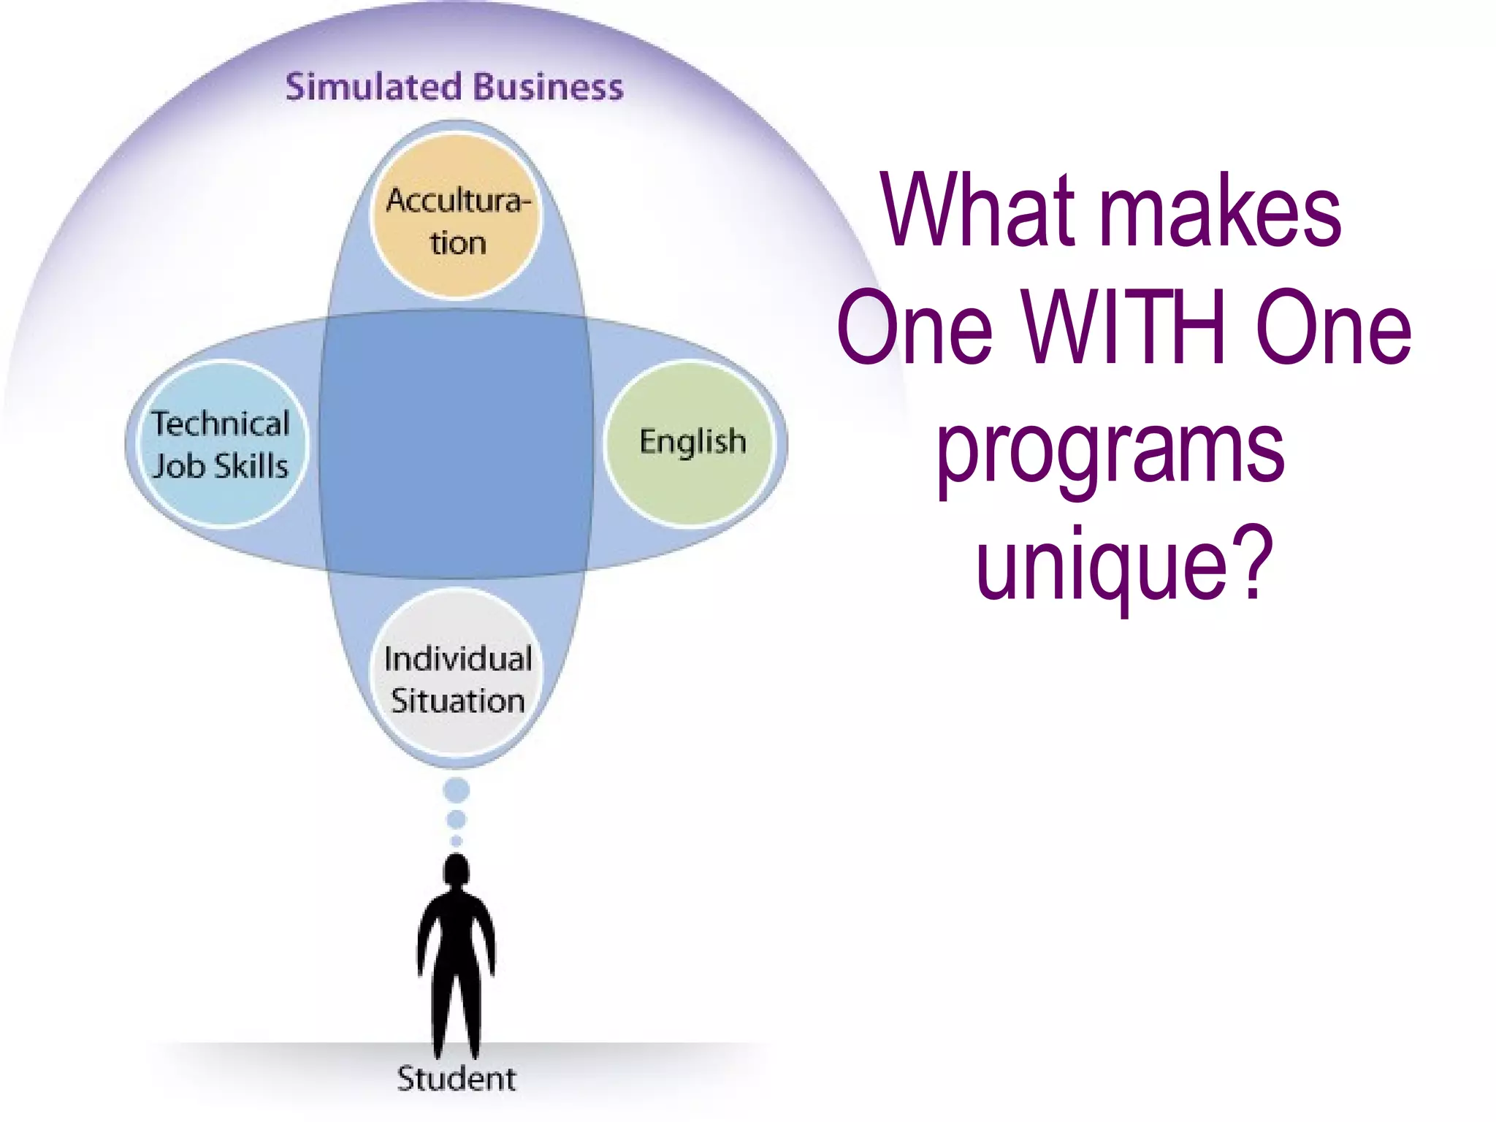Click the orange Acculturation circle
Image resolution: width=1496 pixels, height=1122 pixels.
point(457,217)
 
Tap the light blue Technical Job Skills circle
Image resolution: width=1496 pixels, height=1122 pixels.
point(220,444)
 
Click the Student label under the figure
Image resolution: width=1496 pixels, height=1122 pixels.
point(457,1079)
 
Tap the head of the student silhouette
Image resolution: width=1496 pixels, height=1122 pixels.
point(457,871)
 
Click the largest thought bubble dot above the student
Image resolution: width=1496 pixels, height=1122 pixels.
point(457,790)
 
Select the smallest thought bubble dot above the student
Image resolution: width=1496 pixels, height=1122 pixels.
point(457,841)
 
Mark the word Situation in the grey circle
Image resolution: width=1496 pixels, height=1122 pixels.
point(458,701)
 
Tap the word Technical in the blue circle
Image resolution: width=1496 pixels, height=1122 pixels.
point(221,424)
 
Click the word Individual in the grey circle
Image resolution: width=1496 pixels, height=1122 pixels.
point(458,659)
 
